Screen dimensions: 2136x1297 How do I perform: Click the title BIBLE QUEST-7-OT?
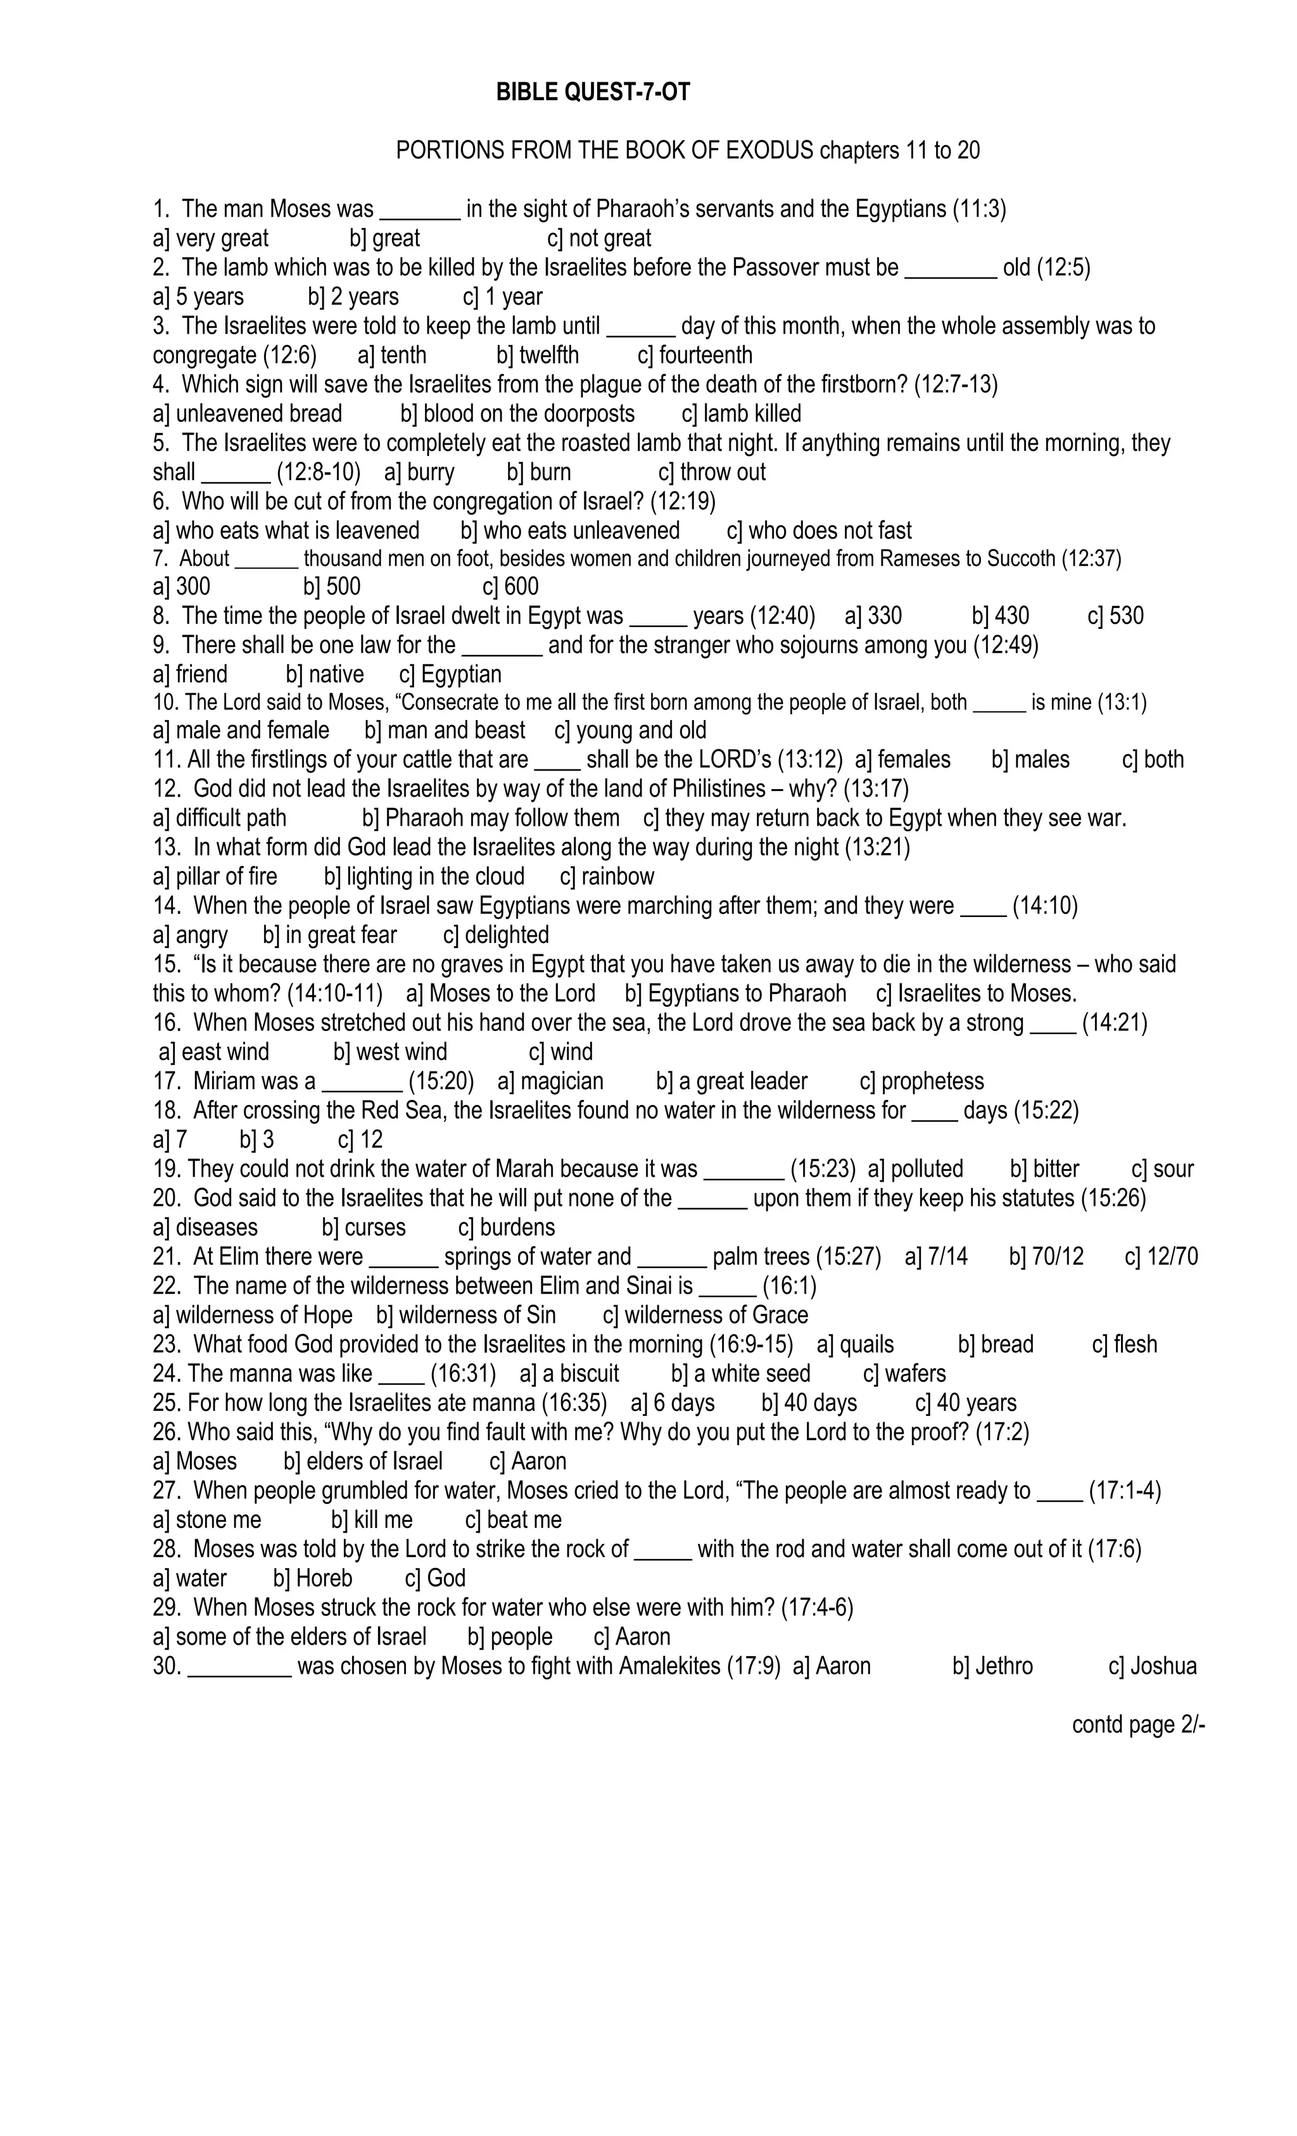pyautogui.click(x=593, y=92)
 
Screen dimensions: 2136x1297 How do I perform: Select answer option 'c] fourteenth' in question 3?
pyautogui.click(x=695, y=355)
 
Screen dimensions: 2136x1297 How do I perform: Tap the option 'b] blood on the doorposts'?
pyautogui.click(x=517, y=414)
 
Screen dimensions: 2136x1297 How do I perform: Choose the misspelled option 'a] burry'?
pyautogui.click(x=419, y=472)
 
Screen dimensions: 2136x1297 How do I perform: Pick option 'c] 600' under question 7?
pyautogui.click(x=510, y=587)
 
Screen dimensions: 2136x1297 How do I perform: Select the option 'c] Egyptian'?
pyautogui.click(x=450, y=674)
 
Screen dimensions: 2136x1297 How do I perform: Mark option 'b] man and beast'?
pyautogui.click(x=445, y=731)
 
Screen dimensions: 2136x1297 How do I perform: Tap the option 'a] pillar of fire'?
pyautogui.click(x=215, y=876)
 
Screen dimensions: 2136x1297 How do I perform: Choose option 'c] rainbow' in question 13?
pyautogui.click(x=607, y=876)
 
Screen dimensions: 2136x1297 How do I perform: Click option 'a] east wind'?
pyautogui.click(x=214, y=1052)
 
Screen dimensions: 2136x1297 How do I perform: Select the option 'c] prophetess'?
pyautogui.click(x=921, y=1082)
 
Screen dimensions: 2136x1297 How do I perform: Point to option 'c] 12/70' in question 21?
pyautogui.click(x=1161, y=1257)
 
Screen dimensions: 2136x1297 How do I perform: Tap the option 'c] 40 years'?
pyautogui.click(x=966, y=1403)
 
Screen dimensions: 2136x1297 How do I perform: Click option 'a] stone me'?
pyautogui.click(x=206, y=1520)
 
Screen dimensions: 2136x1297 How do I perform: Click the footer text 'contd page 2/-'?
pyautogui.click(x=1138, y=1725)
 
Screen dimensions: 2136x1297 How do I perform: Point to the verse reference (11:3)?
pyautogui.click(x=979, y=209)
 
